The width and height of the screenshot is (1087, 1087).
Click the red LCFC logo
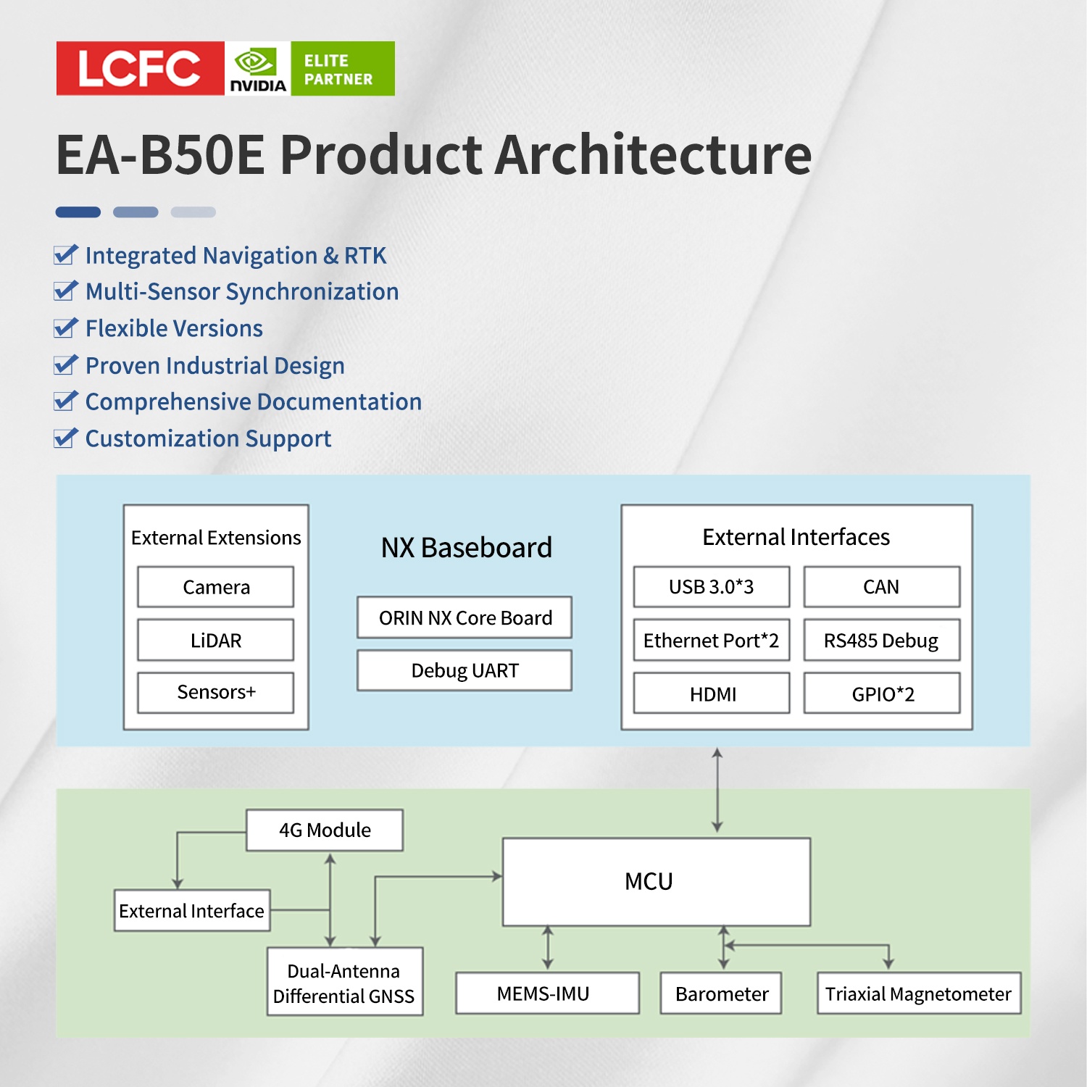(140, 68)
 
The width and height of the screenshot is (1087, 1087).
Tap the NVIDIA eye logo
(254, 62)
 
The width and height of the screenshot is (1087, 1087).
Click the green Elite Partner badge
(343, 69)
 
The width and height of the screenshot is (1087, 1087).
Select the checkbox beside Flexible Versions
(65, 328)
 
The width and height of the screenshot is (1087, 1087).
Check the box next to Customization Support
(65, 438)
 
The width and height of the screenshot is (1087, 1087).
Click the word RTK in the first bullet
(365, 256)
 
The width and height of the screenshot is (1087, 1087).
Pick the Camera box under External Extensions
(216, 587)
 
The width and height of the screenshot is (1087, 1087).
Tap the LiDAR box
(216, 640)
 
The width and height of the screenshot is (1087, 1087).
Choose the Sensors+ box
(216, 693)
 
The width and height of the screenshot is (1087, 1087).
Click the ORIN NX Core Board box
(465, 617)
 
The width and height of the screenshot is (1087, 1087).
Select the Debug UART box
(465, 670)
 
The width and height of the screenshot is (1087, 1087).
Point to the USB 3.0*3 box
(711, 587)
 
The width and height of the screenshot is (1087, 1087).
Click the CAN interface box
(881, 587)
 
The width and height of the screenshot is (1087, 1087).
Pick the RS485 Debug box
(881, 641)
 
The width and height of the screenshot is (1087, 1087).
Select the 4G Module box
(325, 830)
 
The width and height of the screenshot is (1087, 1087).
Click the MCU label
(649, 882)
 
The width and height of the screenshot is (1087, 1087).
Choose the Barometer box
(721, 994)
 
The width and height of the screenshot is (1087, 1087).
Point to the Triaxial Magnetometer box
(918, 994)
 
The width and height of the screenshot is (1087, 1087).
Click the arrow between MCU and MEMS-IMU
(548, 948)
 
